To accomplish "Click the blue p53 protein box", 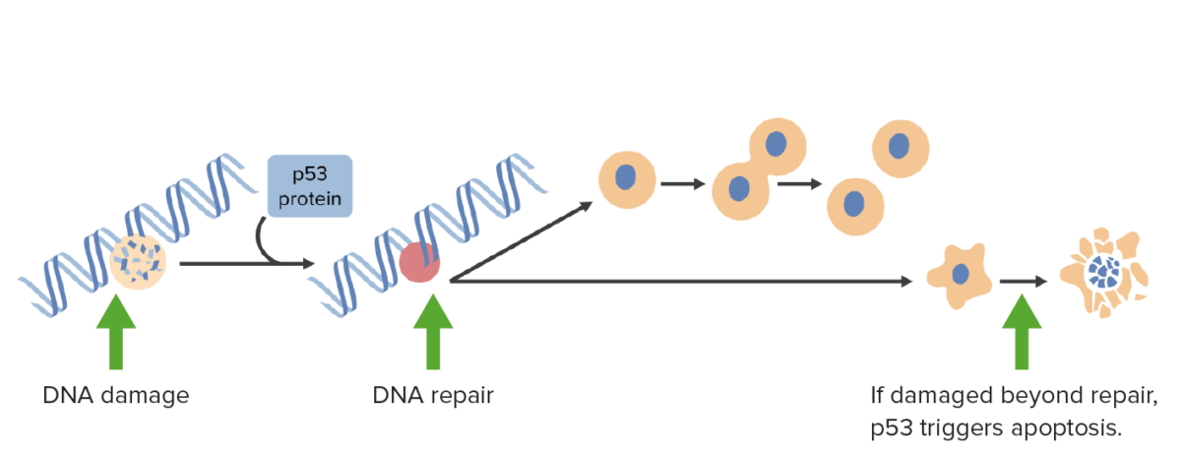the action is (x=310, y=186).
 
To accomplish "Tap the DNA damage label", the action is (x=116, y=395).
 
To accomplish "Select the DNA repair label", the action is (x=433, y=396).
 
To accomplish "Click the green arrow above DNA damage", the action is (x=116, y=332).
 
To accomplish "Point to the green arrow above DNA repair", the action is (x=433, y=332).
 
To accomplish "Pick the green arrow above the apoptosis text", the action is (x=1022, y=332).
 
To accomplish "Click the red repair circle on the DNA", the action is (x=419, y=262).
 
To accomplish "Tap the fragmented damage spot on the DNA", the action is (x=138, y=262).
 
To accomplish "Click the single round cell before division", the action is (x=627, y=180).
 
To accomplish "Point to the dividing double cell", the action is (x=759, y=168).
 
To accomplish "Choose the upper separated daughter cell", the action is (x=901, y=149).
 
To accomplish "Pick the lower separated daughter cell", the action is (x=855, y=206).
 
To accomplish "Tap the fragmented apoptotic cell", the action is (x=1104, y=273).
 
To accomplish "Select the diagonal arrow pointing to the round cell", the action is (x=521, y=241).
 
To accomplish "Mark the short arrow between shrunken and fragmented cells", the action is (x=1024, y=282).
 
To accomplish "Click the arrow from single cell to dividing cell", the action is (x=683, y=183).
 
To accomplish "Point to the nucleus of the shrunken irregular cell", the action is (x=961, y=275).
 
